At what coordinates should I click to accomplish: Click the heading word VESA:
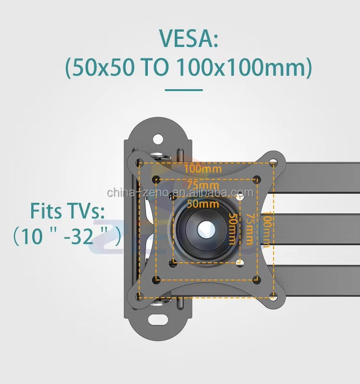188,39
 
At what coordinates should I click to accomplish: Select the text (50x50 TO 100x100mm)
188,68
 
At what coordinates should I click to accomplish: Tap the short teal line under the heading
183,89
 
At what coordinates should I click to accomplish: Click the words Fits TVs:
67,210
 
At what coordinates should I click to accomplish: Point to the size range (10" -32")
67,236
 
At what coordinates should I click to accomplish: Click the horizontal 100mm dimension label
203,169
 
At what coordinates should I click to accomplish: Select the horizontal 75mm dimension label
203,185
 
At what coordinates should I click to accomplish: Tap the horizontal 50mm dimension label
203,203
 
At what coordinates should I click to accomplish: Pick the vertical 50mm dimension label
232,229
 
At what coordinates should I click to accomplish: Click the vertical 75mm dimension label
250,229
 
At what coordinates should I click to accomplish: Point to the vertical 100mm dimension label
267,229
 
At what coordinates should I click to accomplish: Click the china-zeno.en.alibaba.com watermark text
180,193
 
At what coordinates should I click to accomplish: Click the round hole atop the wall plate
158,139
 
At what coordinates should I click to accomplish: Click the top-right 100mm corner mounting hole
273,162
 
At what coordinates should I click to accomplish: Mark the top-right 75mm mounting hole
257,179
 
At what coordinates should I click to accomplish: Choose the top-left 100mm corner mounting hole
139,162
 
